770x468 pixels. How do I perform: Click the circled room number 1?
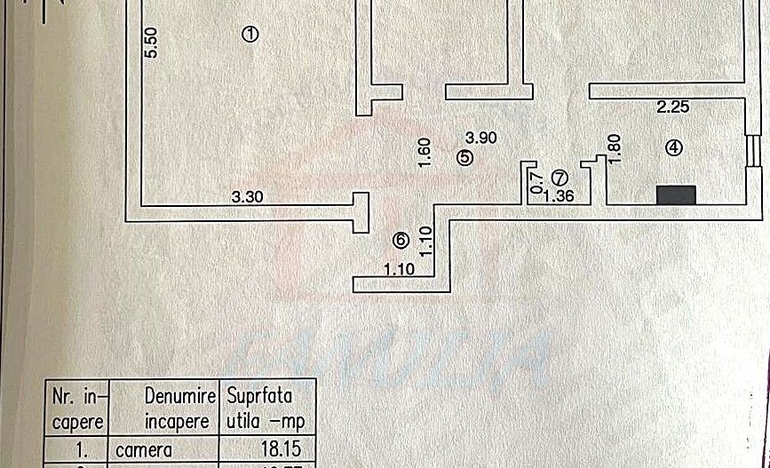coord(250,35)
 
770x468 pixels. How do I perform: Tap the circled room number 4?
coord(675,149)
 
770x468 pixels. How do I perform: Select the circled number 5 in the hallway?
coord(465,157)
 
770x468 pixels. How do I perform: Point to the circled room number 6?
coord(401,239)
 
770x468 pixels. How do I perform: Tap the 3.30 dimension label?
coord(249,197)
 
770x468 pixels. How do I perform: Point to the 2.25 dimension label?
coord(673,107)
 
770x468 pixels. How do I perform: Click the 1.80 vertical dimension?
coord(615,147)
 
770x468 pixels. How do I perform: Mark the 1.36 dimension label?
coord(558,197)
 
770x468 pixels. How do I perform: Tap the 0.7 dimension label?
coord(536,182)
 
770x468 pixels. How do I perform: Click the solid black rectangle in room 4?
coord(676,194)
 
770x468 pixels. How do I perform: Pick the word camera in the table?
coord(143,449)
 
